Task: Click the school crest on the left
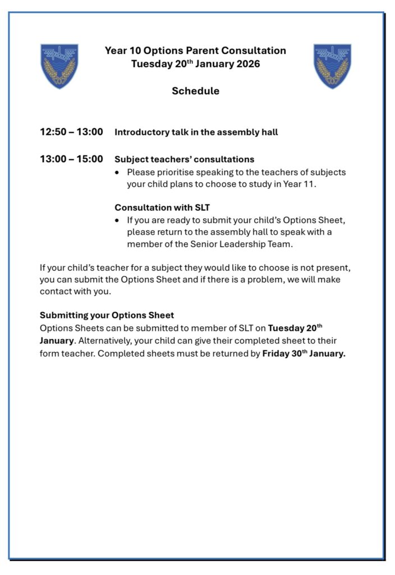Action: [x=59, y=66]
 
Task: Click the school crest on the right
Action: [x=332, y=66]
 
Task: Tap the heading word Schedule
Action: [x=195, y=91]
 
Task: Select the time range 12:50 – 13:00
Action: [x=71, y=132]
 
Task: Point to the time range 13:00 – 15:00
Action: [x=71, y=159]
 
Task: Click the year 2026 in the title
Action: [x=247, y=63]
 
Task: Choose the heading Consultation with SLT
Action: [x=162, y=208]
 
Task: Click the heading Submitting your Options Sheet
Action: [x=107, y=315]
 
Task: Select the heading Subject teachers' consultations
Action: [x=184, y=159]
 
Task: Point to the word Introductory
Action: [x=140, y=133]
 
